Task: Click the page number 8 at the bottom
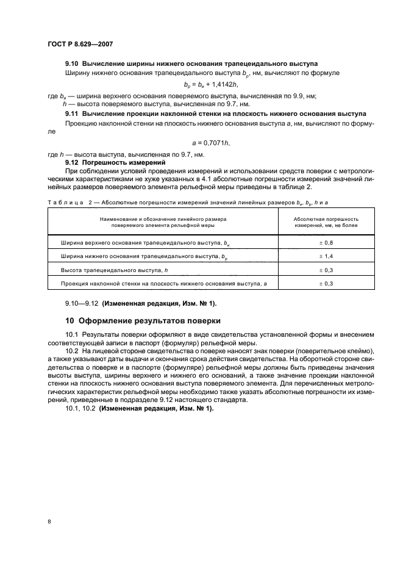click(49, 522)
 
